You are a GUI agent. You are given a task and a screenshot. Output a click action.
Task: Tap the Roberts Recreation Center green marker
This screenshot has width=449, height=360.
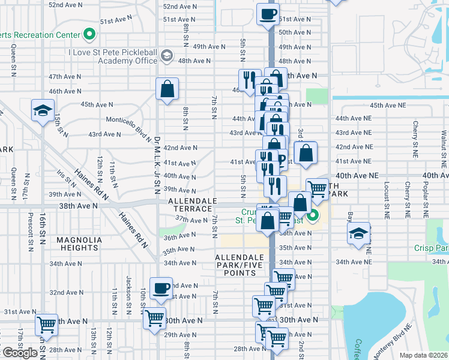90,34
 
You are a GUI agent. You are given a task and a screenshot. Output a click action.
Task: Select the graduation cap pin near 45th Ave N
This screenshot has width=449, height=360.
43,111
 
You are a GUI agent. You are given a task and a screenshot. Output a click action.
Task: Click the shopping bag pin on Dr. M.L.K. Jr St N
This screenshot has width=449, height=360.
167,89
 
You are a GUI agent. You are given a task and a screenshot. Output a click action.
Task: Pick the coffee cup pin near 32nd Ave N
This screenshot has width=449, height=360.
161,288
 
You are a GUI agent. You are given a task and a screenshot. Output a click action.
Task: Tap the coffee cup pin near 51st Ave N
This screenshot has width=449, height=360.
268,13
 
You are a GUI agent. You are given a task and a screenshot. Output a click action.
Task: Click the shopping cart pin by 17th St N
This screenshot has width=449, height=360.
46,325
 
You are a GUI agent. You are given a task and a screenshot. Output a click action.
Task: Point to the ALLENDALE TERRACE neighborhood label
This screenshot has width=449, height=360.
190,205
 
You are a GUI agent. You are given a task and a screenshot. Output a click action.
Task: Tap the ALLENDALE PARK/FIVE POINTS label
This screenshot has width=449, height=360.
240,265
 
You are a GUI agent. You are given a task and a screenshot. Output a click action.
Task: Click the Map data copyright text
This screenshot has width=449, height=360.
424,355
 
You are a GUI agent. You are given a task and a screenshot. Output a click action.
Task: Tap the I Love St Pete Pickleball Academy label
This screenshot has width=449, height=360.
113,56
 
